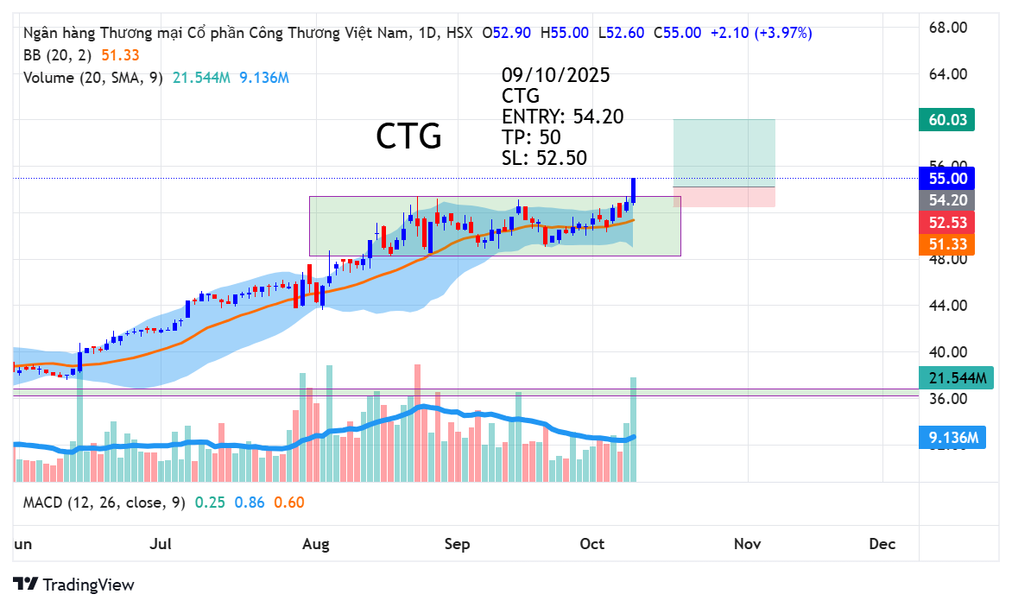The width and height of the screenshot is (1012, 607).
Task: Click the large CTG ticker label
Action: coord(408,136)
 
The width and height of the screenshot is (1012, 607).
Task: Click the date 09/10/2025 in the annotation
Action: coord(555,75)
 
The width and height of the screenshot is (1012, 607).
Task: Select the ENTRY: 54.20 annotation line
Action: coord(562,117)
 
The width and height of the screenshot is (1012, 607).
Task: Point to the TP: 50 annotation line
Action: coord(531,137)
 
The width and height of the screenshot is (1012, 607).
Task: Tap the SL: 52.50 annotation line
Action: coord(544,158)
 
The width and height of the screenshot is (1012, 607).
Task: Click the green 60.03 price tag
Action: coord(946,119)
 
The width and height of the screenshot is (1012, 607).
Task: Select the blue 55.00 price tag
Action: coord(946,179)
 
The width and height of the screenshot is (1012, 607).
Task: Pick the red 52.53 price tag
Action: coord(946,224)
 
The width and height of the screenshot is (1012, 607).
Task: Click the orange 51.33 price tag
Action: coord(946,245)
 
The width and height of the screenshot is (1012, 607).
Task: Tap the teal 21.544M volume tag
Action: coord(956,378)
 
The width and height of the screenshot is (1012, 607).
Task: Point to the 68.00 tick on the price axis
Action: coord(946,28)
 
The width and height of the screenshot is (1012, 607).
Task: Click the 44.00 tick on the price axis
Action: coord(946,306)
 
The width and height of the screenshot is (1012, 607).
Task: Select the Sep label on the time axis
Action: coord(457,544)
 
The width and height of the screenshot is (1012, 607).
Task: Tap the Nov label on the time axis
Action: coord(747,544)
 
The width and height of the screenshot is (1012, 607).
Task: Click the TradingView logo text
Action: coord(88,585)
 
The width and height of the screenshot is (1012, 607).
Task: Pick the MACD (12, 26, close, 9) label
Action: coord(104,503)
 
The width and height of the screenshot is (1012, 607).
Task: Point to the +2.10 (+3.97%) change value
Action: coord(761,33)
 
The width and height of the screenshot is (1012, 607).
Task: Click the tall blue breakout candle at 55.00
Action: coord(634,191)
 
